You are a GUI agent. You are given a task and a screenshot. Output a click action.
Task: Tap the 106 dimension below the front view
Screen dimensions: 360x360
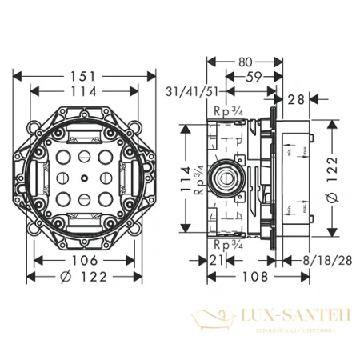pos(83,261)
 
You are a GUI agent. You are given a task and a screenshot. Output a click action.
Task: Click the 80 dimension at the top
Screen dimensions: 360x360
pos(245,60)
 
